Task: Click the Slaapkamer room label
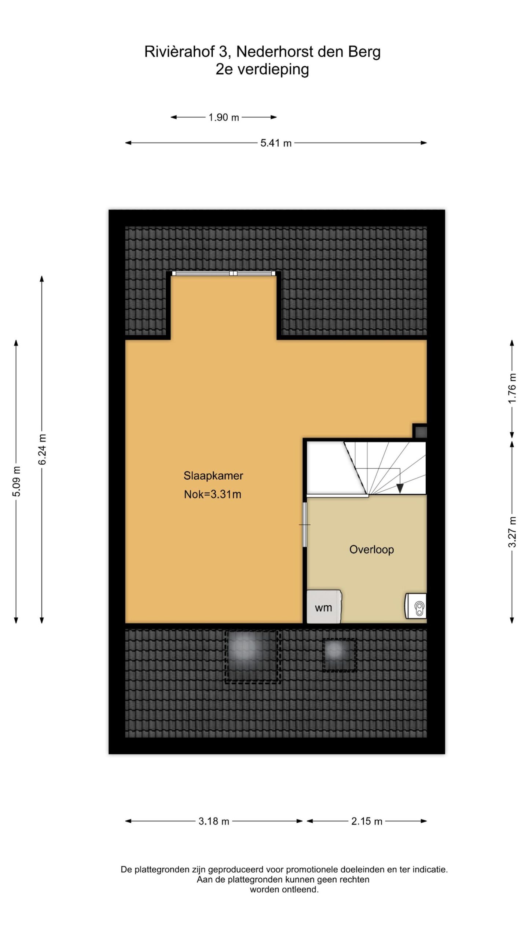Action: tap(213, 476)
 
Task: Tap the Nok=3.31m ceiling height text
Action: tap(213, 494)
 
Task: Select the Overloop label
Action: tap(371, 550)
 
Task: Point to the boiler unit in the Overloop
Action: tap(416, 606)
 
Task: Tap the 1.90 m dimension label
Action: tap(224, 117)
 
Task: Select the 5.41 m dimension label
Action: tap(276, 143)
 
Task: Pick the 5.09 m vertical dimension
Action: tap(16, 481)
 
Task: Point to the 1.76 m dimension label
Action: tap(512, 388)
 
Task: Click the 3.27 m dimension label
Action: tap(512, 532)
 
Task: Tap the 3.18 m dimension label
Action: tap(214, 821)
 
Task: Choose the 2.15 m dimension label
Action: tap(367, 821)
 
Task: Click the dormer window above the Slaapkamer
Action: tap(224, 273)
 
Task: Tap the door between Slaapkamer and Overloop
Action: tap(304, 524)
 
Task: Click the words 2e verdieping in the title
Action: tap(262, 69)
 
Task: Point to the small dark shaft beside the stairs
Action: tap(420, 431)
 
